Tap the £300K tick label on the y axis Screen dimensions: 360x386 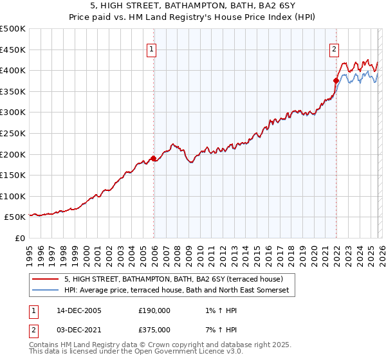[x=13, y=113]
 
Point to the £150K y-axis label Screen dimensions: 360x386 [x=13, y=175]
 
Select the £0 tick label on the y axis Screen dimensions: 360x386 [x=21, y=239]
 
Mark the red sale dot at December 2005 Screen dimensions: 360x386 [x=154, y=158]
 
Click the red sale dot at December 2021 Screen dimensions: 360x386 [x=336, y=80]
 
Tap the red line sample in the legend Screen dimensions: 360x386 [x=46, y=280]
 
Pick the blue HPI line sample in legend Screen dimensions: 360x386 [x=46, y=291]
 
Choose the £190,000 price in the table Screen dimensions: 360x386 [x=154, y=310]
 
